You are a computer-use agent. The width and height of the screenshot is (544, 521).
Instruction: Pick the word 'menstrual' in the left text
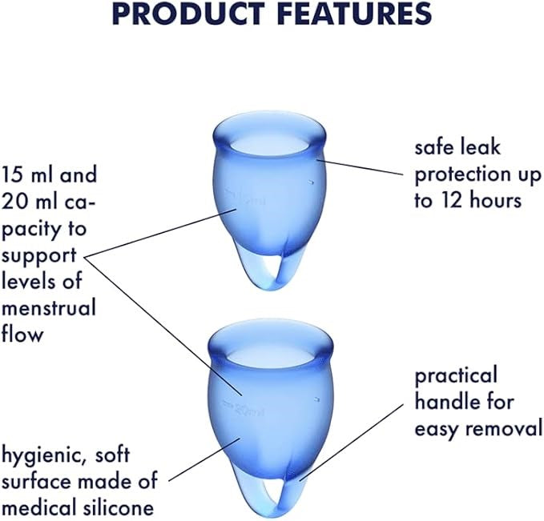coord(49,307)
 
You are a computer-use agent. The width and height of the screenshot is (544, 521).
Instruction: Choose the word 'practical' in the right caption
coord(456,375)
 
